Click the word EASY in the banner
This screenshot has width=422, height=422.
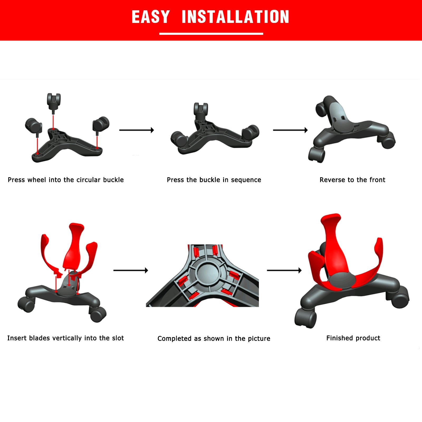[x=151, y=17]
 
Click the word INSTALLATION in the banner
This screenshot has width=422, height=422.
[x=236, y=17]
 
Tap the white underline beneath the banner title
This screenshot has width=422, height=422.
[x=211, y=34]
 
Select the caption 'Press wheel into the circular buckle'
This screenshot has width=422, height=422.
[x=66, y=180]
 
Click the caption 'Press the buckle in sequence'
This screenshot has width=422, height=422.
[x=214, y=180]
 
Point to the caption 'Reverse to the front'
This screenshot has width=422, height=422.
[x=352, y=180]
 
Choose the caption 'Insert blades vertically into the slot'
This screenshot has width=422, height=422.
[x=65, y=338]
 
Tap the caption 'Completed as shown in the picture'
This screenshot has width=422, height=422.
[x=214, y=339]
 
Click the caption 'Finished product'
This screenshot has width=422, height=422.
[x=353, y=338]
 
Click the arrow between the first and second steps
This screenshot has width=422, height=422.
[x=137, y=130]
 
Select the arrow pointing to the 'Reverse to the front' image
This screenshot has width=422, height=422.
[x=290, y=130]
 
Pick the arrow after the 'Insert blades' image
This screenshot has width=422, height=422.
[x=131, y=270]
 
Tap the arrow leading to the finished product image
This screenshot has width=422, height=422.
[x=284, y=270]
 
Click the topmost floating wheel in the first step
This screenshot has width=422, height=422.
[x=54, y=102]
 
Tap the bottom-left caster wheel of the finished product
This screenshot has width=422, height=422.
[x=305, y=319]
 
